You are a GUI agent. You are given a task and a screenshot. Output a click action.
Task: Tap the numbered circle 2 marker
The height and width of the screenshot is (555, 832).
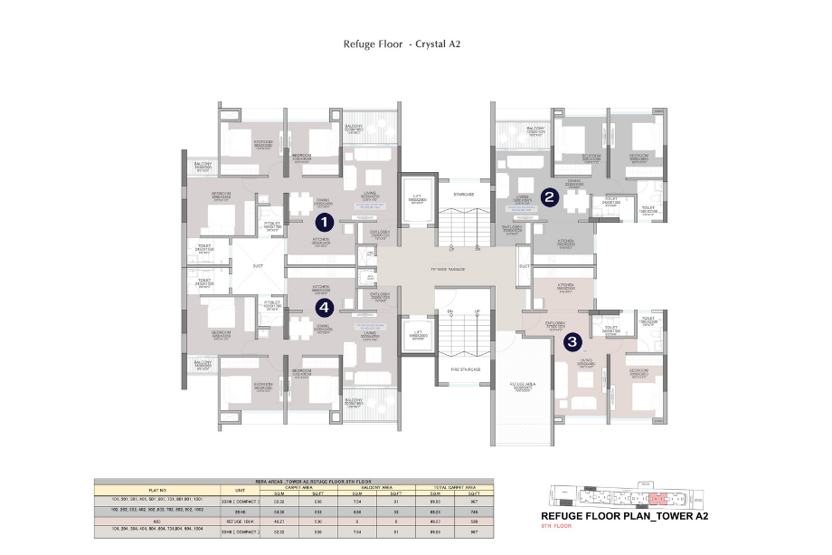click(x=548, y=196)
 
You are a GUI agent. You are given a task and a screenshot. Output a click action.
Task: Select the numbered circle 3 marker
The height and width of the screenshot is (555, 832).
click(x=572, y=342)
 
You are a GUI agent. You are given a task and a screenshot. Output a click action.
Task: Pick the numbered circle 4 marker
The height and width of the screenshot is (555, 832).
click(x=325, y=308)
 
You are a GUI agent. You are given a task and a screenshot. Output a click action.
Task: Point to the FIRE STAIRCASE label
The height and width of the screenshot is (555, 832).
click(x=465, y=369)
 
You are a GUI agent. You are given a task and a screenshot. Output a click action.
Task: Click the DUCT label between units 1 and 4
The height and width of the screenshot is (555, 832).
click(x=258, y=266)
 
